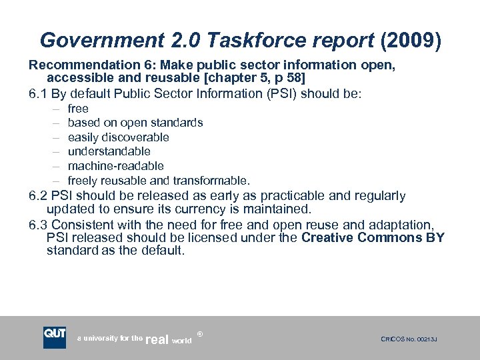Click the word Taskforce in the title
pos(245,41)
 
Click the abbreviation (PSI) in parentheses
pos(283,94)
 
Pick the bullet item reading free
pos(78,109)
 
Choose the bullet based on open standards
pos(135,123)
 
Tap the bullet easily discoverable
pos(119,137)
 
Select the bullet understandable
pos(109,151)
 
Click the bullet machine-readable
pos(116,166)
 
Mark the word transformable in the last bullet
pos(211,181)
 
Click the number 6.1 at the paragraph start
pos(37,94)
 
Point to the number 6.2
pos(37,196)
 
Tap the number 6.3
pos(37,225)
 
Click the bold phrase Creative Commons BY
pos(373,238)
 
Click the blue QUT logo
pos(55,337)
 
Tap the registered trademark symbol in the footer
pos(200,331)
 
